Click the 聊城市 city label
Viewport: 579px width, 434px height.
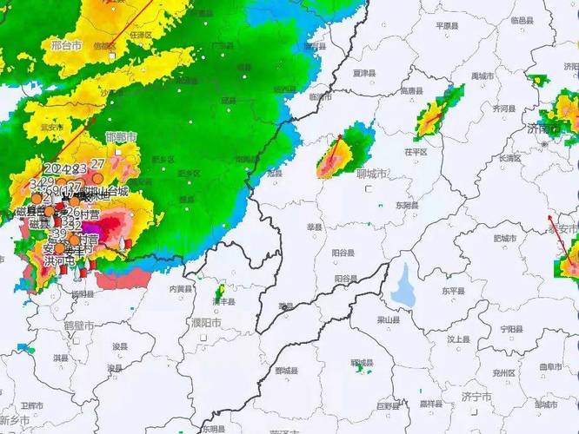coord(372,174)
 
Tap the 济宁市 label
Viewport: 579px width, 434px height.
coord(477,397)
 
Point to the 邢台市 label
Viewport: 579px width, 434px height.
coord(66,43)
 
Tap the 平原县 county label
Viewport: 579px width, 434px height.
coord(447,26)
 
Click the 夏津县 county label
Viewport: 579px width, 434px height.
coord(363,73)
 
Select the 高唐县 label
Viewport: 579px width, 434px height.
coord(411,90)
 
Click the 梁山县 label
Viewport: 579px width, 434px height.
coord(388,319)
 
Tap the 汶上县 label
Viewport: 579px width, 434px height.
coord(458,339)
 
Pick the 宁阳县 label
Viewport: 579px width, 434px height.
coord(511,330)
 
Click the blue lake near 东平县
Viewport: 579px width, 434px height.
coord(403,285)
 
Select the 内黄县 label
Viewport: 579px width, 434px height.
coord(181,288)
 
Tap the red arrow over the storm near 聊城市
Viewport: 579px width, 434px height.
coord(332,151)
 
